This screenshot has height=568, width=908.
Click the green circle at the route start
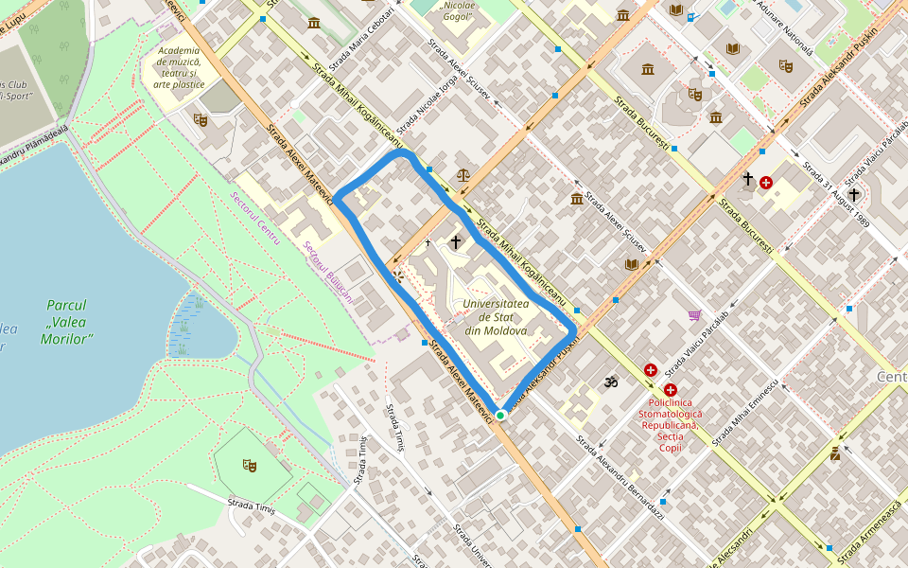click(499, 415)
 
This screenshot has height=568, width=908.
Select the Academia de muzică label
click(179, 67)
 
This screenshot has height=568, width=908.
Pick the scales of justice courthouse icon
click(463, 175)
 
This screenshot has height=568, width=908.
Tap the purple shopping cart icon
click(695, 315)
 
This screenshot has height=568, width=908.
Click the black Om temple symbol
click(610, 382)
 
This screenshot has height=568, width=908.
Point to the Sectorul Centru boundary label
click(255, 219)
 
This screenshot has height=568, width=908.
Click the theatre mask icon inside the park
click(250, 464)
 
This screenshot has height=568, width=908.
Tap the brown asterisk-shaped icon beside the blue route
click(398, 276)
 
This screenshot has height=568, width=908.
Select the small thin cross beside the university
click(428, 243)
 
